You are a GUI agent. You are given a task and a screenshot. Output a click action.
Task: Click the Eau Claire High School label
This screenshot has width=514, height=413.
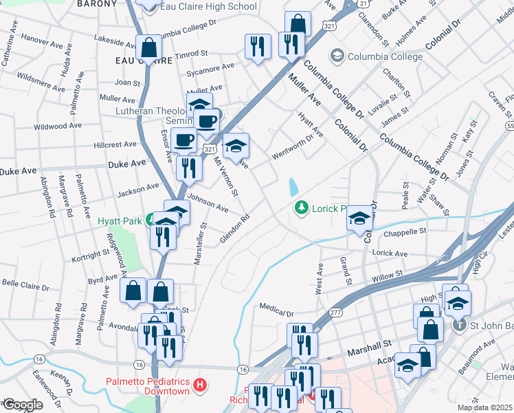point(208,7)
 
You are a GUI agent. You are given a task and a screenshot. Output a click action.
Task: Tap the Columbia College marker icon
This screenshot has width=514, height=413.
point(337,55)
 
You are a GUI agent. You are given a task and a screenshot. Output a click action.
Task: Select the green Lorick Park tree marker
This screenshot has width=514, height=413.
point(300,206)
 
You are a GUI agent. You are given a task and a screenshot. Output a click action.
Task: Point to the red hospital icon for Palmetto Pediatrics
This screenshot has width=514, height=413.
point(199,384)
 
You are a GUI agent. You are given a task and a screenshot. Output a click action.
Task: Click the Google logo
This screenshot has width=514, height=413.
point(22,405)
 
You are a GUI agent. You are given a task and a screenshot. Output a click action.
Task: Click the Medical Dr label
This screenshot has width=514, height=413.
point(277,307)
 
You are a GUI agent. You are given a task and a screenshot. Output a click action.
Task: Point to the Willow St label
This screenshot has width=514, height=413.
point(386,276)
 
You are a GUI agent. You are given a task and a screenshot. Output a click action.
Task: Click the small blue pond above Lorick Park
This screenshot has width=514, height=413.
point(294,187)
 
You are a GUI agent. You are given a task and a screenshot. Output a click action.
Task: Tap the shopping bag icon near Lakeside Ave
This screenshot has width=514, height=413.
point(148,47)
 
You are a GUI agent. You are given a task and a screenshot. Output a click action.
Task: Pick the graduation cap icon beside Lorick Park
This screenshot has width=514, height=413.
point(359,218)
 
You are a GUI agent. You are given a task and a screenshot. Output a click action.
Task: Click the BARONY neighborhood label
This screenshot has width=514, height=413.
point(98,4)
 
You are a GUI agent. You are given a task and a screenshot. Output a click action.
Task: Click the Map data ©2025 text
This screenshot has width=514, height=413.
point(485,407)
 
